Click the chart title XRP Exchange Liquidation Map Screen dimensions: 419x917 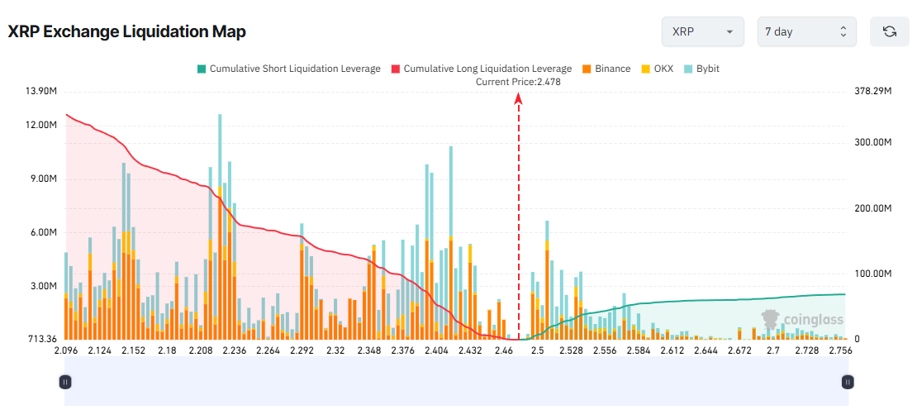(126, 31)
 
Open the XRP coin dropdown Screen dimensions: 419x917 (702, 31)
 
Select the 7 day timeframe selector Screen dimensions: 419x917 (806, 31)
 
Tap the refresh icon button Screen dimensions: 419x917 (889, 31)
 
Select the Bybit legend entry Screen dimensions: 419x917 (701, 69)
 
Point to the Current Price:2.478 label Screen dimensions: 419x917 (518, 82)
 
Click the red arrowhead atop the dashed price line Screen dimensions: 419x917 (519, 98)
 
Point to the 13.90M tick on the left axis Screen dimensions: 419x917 (40, 91)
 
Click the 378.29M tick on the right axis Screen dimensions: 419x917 (874, 91)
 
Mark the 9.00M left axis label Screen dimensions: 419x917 (42, 179)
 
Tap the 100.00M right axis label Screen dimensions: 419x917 (874, 274)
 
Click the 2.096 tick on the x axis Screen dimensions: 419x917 (65, 351)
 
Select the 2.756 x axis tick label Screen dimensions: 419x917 (840, 351)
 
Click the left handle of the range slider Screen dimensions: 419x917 (65, 381)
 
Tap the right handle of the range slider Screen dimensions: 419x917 (847, 381)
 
